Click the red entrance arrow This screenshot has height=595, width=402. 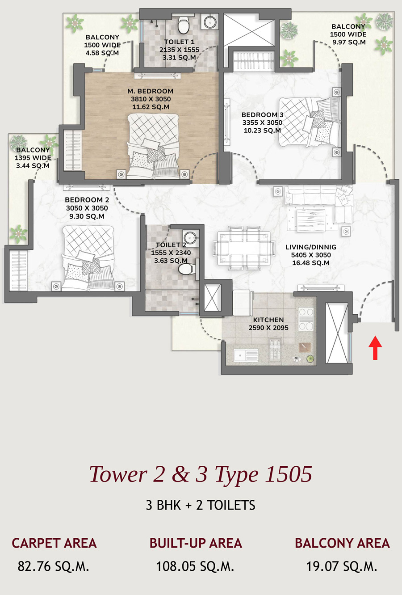tap(375, 348)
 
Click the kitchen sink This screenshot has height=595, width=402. tap(246, 355)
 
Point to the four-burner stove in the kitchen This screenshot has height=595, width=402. tap(306, 319)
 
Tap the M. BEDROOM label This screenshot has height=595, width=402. tap(151, 91)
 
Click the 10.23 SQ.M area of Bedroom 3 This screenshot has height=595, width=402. tap(262, 131)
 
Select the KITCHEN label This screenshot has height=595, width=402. tap(268, 320)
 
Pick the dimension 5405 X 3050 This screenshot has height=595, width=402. tap(311, 255)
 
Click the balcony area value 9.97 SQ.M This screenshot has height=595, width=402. tap(349, 42)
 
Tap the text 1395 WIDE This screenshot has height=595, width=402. tap(33, 158)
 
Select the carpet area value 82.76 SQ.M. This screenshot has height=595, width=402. tap(53, 566)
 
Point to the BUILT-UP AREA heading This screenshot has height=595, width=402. tap(196, 543)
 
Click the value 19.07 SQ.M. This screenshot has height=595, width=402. tap(342, 566)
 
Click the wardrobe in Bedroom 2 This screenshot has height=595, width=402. tap(19, 270)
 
